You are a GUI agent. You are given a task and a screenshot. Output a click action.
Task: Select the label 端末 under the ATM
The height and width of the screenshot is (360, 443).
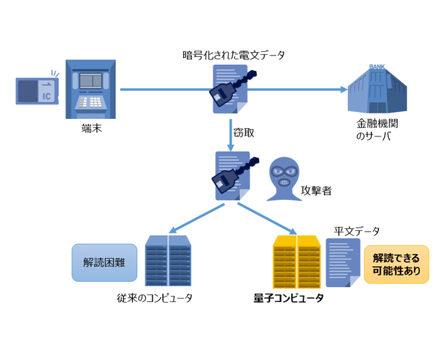(91, 129)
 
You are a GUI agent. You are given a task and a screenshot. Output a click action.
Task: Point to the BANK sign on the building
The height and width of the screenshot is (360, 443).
(377, 67)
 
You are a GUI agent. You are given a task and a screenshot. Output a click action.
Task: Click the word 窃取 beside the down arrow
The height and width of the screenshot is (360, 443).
(244, 133)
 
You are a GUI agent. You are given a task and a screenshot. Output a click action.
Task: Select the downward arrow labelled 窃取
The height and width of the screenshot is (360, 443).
(230, 132)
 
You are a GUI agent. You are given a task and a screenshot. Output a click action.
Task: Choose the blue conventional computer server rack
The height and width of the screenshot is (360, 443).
(167, 260)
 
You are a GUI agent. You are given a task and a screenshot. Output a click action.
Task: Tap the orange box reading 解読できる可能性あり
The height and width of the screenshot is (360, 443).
(396, 263)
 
